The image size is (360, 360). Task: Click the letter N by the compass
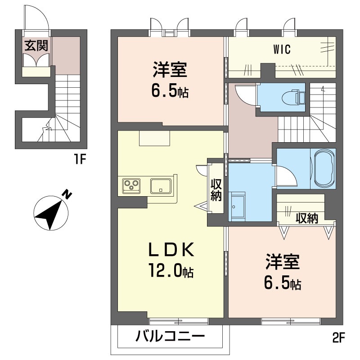67,194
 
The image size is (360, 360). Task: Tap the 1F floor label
80,159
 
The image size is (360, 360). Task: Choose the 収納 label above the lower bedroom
307,218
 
